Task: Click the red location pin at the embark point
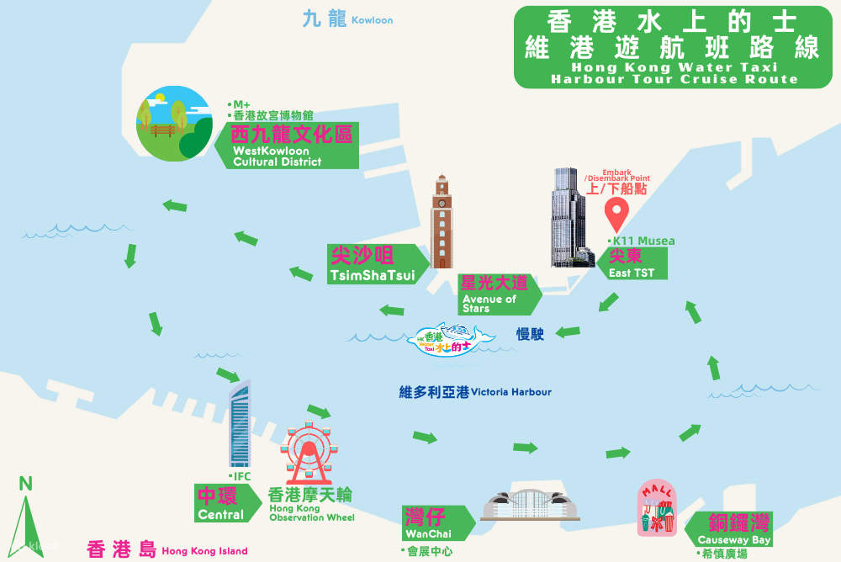(617, 215)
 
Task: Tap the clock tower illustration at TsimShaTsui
(442, 222)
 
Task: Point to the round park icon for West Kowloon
(173, 123)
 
